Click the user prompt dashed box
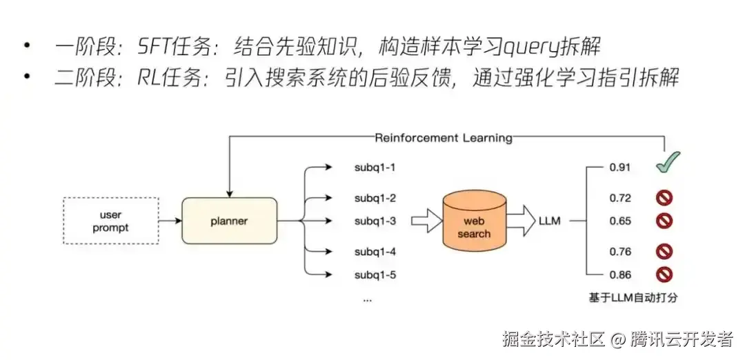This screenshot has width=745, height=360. click(x=110, y=221)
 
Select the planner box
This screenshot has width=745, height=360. click(x=229, y=221)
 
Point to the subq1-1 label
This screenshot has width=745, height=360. click(x=375, y=168)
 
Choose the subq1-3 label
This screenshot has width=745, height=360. click(x=375, y=221)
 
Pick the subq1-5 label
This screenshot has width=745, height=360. click(x=375, y=274)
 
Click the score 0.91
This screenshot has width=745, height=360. click(x=620, y=168)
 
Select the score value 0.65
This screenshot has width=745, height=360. click(x=620, y=221)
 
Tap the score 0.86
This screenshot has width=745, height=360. click(x=620, y=274)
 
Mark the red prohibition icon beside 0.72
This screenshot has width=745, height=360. click(x=665, y=199)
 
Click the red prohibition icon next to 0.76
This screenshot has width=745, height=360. click(x=665, y=252)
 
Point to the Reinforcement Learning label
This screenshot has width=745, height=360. click(x=443, y=138)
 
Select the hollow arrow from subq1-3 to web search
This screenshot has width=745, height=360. click(x=425, y=221)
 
